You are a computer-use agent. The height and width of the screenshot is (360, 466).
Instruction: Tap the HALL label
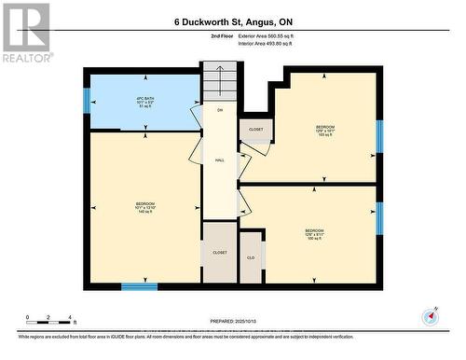point(220,160)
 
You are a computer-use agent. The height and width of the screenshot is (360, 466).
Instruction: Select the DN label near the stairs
point(220,111)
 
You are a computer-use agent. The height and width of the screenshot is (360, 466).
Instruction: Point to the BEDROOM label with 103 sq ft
point(324,131)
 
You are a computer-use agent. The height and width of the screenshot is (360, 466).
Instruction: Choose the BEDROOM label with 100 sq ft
point(314,233)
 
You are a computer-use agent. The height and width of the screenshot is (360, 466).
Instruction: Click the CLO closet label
point(251,256)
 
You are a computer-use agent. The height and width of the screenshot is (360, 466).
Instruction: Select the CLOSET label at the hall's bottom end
point(220,253)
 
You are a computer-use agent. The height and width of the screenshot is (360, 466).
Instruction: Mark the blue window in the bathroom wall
point(87,101)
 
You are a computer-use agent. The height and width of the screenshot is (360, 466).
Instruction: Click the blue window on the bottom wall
point(140,287)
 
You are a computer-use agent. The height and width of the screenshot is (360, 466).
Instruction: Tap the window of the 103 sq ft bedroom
point(379,135)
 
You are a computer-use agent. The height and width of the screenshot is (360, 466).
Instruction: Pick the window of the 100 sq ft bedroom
point(379,217)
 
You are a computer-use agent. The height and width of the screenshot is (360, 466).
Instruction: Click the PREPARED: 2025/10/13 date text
point(232,322)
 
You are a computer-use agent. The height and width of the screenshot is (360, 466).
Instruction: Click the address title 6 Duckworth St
point(232,19)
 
